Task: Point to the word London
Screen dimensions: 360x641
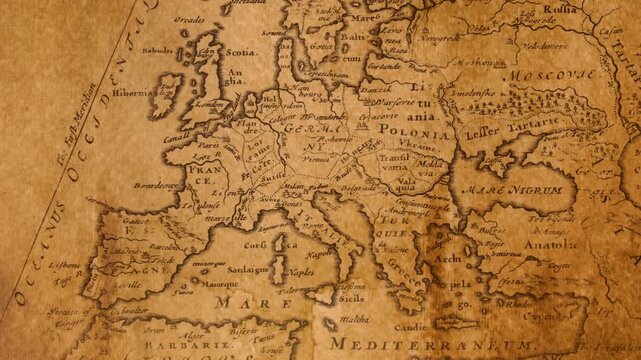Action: pyautogui.click(x=210, y=103)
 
